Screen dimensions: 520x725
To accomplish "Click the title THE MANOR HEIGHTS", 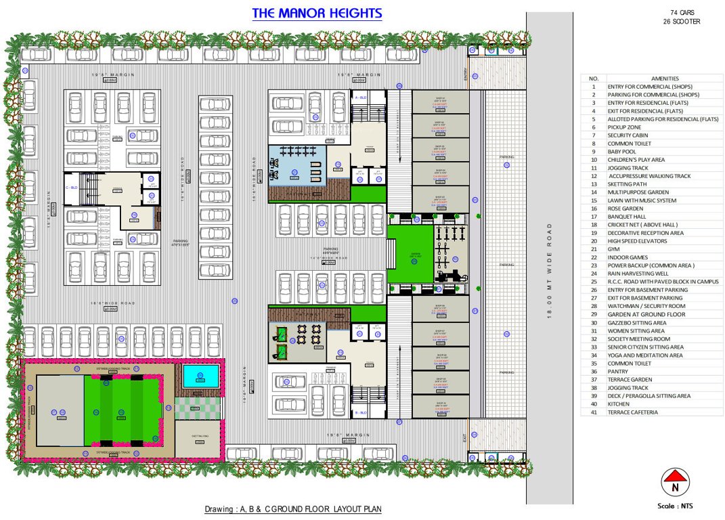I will tap(317, 14).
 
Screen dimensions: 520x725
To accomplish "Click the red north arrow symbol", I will tap(675, 482).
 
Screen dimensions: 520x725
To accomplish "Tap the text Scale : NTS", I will tap(675, 506).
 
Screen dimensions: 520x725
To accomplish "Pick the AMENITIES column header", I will tap(664, 79).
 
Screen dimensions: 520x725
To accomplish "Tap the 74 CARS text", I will tap(682, 13).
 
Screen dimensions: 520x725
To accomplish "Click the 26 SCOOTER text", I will tap(682, 22).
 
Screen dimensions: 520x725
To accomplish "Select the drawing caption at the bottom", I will tap(297, 509).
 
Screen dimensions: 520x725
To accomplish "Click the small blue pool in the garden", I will tap(200, 376).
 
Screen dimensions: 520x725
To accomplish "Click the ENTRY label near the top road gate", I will tap(466, 74).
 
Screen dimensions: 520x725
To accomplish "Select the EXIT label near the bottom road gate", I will tap(465, 438).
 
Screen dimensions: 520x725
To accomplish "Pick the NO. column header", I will tap(594, 79).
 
